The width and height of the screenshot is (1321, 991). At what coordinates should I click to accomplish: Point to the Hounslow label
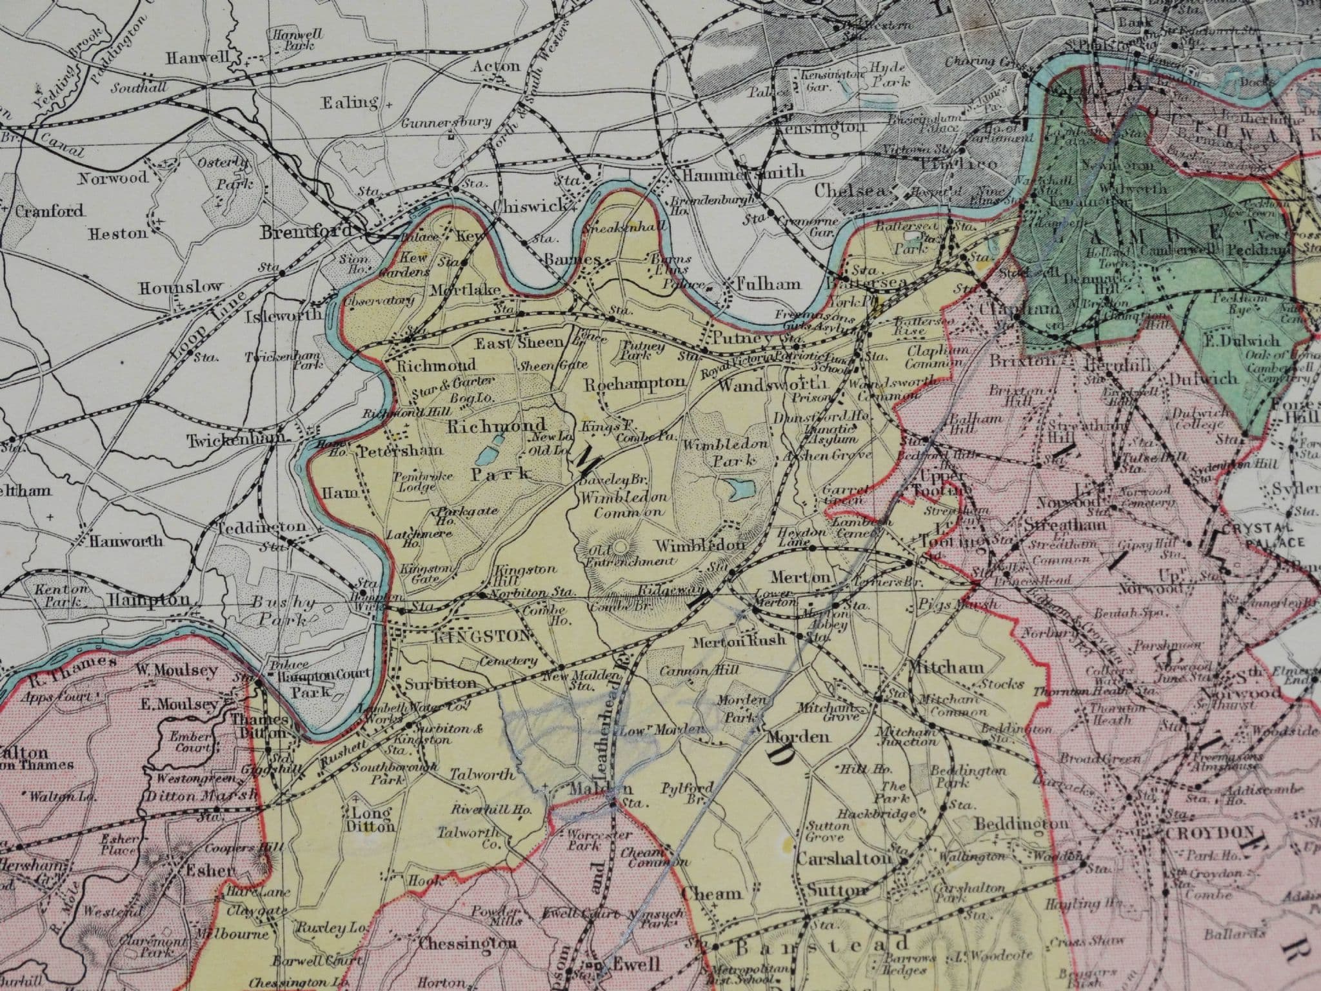(x=181, y=287)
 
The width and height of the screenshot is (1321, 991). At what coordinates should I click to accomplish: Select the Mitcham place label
(x=947, y=667)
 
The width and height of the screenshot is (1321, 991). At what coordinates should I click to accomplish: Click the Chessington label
(x=468, y=943)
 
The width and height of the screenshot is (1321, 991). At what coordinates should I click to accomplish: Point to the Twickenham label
(x=237, y=441)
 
